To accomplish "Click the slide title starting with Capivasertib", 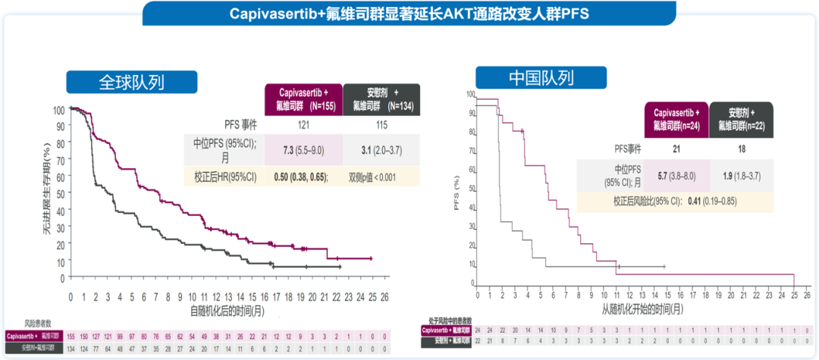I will [x=409, y=14].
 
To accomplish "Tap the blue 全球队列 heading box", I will [x=132, y=82].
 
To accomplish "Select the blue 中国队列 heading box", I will [x=541, y=78].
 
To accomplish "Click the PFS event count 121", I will [x=302, y=124].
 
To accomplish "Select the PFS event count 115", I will [x=381, y=124].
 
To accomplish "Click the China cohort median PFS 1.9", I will [x=741, y=175].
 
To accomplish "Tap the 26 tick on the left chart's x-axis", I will [x=384, y=296].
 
